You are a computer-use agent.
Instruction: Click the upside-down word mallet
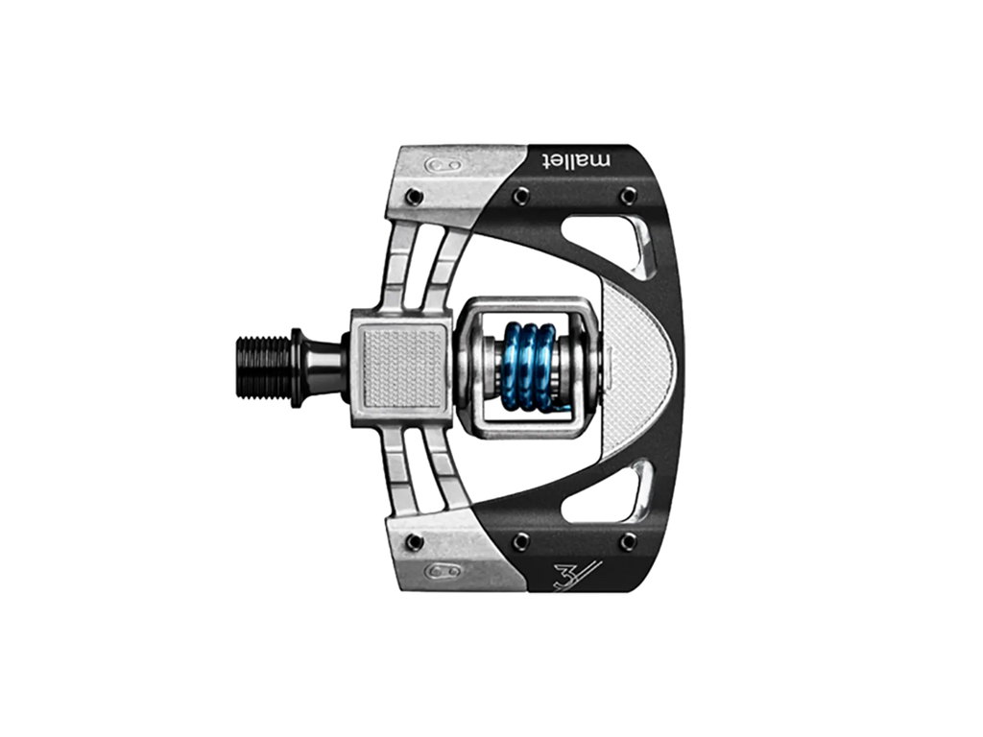click(x=576, y=160)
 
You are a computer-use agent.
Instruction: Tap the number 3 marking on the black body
click(x=566, y=577)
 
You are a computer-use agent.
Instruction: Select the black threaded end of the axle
click(x=263, y=368)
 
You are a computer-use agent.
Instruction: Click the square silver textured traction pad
click(x=402, y=368)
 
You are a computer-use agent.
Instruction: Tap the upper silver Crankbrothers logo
click(x=444, y=165)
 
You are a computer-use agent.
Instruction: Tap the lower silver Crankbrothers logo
click(x=444, y=571)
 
